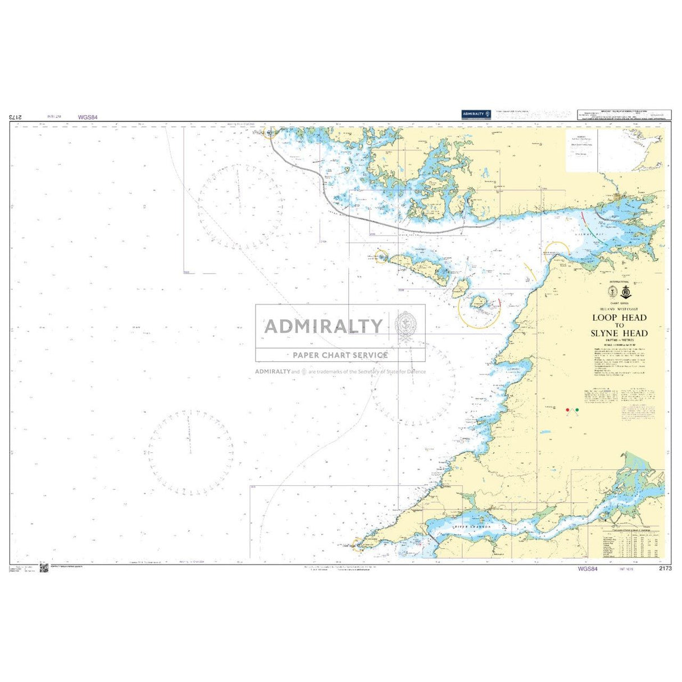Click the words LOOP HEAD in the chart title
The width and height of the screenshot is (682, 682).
coord(619,317)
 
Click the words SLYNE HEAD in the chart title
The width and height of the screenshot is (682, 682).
coord(619,333)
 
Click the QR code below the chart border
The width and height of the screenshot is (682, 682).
coord(43,568)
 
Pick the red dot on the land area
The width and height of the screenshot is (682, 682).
coord(567,410)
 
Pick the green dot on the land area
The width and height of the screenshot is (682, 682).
coord(576,410)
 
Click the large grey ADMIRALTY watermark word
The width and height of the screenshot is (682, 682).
coord(324,326)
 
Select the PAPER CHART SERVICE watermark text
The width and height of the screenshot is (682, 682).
coord(340,355)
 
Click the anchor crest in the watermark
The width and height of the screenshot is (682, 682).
coord(405,325)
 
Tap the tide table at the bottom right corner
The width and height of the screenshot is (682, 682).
coord(625,542)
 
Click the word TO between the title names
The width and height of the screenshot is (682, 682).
coord(619,325)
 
